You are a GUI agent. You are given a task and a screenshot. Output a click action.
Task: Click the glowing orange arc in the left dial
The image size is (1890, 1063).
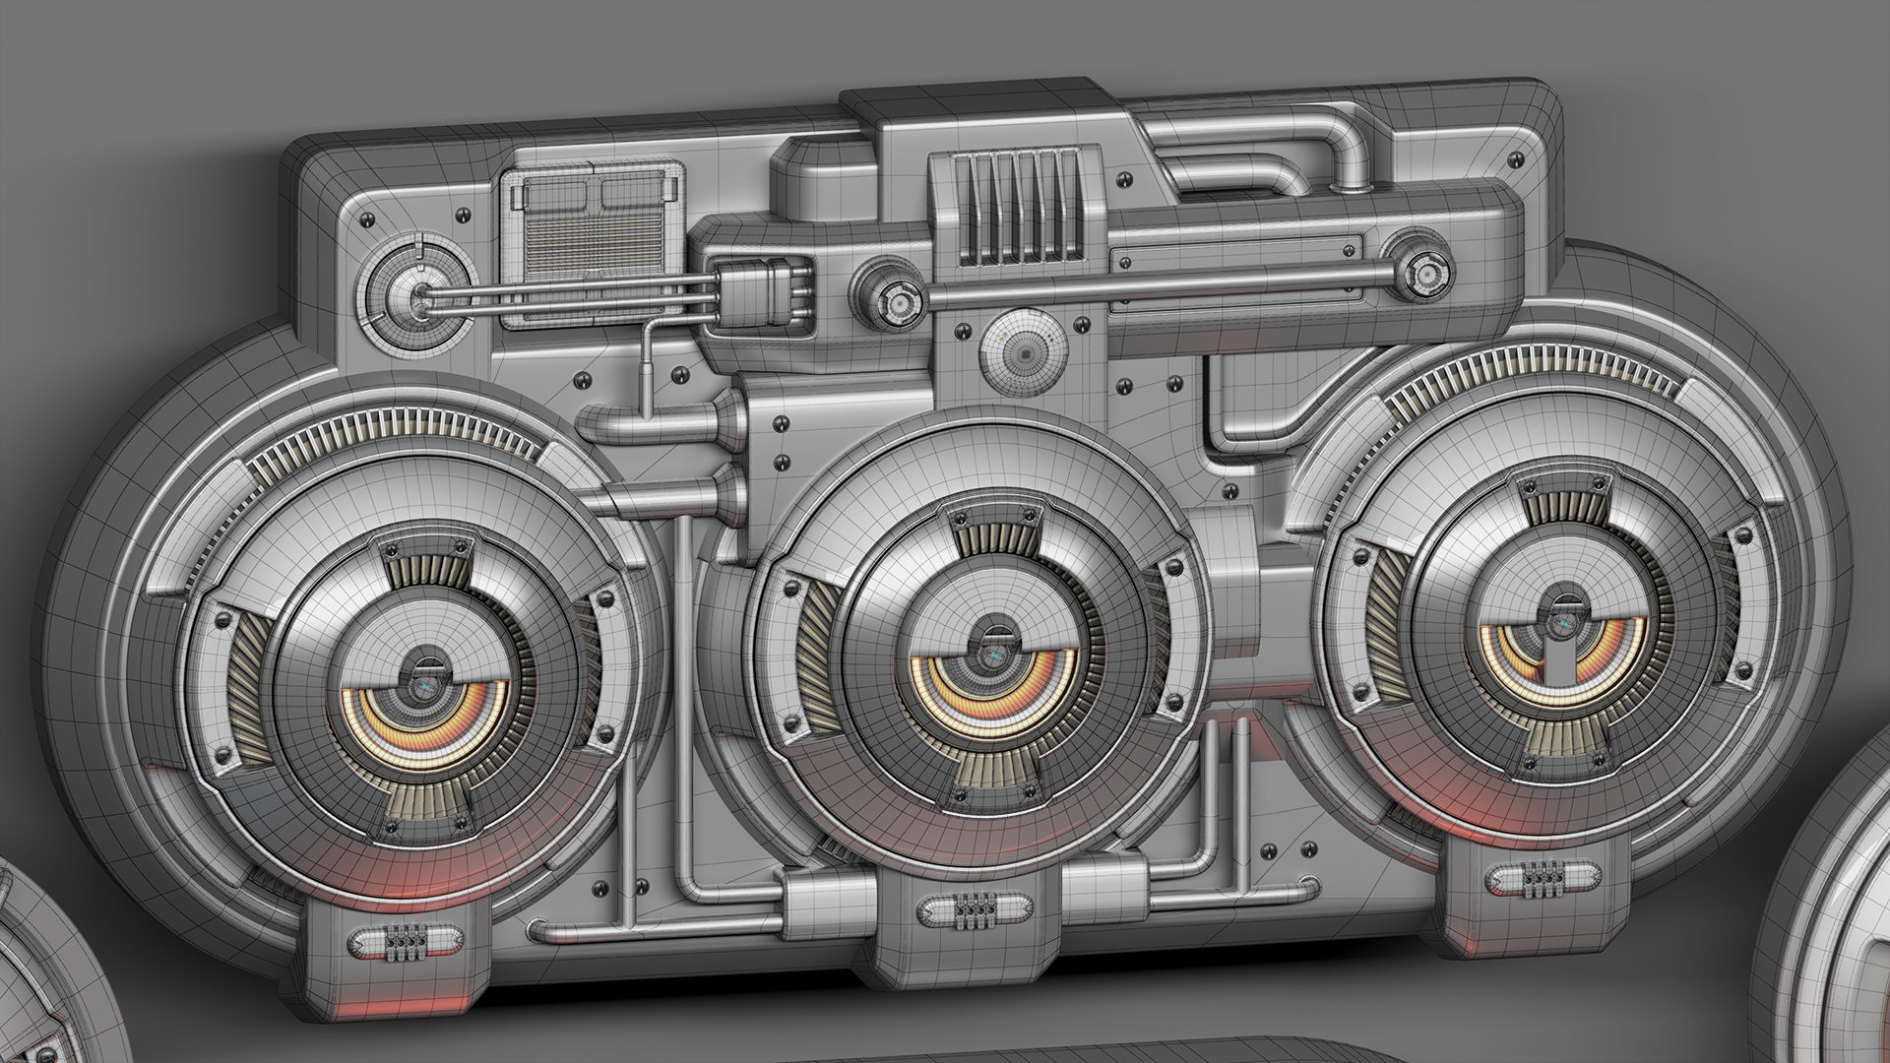pyautogui.click(x=433, y=733)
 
